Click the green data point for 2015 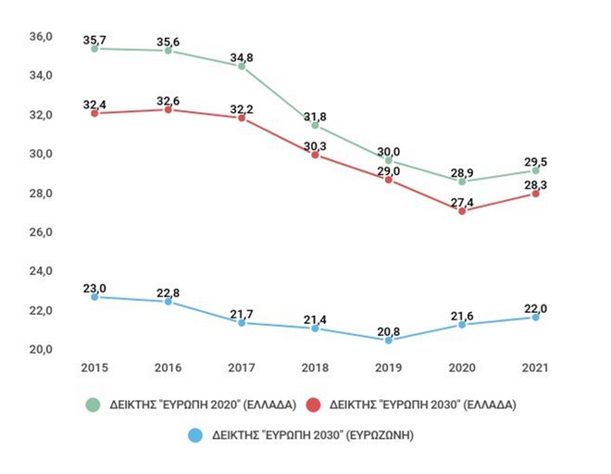click(94, 48)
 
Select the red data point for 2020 click(462, 211)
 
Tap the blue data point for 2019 click(388, 341)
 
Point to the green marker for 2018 click(315, 125)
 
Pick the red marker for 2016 click(168, 109)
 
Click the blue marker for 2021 click(535, 318)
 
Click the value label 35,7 click(94, 37)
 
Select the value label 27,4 click(462, 200)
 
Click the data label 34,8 click(242, 56)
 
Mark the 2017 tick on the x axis click(241, 369)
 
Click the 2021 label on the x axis click(535, 369)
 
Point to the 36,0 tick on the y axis click(44, 36)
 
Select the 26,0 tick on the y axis click(44, 231)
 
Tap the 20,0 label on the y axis click(44, 349)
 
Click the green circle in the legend click(93, 405)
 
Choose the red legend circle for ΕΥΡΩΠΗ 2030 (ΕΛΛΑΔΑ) click(312, 405)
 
